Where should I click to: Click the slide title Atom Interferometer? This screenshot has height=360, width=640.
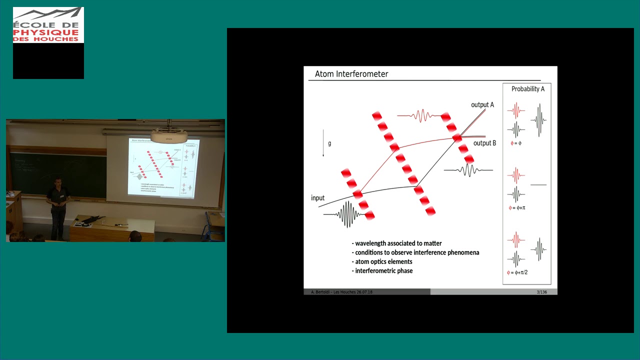(351, 74)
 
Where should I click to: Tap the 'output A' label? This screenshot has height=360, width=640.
(482, 104)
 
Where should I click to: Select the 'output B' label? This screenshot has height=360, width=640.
(484, 143)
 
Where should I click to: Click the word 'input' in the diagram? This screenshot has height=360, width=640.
(317, 198)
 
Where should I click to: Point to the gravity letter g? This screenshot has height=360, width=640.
(329, 143)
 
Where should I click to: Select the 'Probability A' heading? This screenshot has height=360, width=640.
(527, 89)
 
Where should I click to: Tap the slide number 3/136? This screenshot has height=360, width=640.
(541, 292)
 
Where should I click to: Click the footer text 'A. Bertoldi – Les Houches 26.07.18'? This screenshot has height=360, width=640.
(342, 292)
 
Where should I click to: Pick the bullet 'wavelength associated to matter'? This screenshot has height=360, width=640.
(398, 243)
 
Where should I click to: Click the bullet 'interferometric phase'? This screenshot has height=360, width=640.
(383, 271)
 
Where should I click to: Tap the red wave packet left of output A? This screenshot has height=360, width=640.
(421, 116)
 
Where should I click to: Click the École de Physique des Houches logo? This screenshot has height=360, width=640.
(48, 25)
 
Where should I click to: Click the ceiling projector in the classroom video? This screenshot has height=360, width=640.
(169, 135)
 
